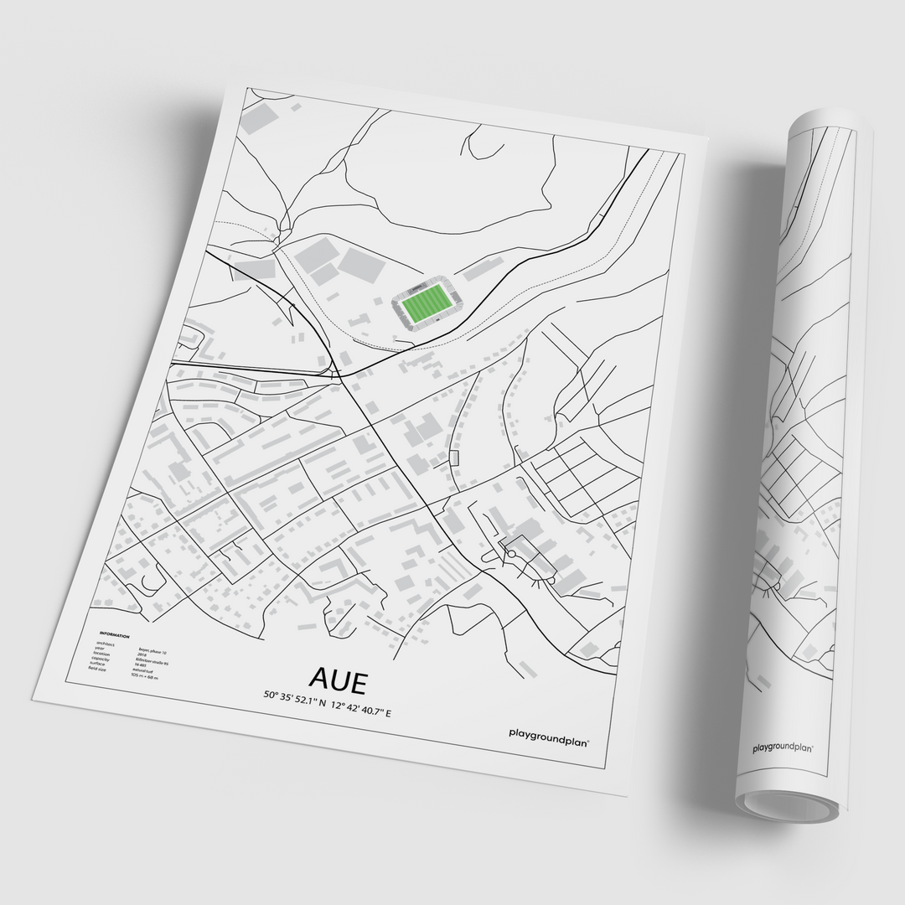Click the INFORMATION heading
pos(114,634)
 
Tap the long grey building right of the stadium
pos(484,267)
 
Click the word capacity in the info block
pos(101,659)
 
